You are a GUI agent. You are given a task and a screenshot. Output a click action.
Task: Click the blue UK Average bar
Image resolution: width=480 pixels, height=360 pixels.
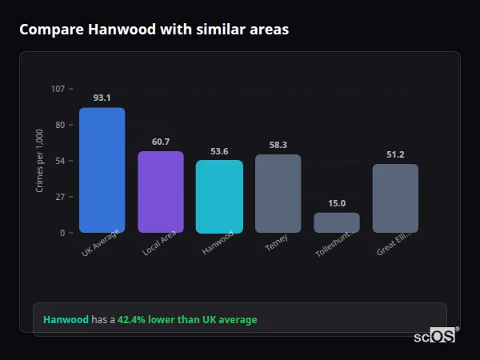102,170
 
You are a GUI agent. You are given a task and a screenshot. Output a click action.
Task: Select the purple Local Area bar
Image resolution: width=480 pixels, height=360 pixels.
161,192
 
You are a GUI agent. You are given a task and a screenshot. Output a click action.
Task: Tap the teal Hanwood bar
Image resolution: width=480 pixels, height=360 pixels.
219,196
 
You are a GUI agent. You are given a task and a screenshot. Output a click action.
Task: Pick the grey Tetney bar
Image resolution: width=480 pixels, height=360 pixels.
278,194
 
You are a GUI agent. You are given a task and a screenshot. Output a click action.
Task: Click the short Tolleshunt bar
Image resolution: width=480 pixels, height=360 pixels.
337,222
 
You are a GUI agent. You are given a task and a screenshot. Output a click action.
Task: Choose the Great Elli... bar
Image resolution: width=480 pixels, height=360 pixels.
395,198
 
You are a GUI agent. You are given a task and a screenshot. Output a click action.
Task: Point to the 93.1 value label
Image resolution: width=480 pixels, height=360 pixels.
102,98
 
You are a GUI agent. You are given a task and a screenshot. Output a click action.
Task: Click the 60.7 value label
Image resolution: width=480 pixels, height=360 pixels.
161,142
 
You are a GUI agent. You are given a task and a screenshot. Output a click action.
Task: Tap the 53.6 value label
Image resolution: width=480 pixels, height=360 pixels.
219,151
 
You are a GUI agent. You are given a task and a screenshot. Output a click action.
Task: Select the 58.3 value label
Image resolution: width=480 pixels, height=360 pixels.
278,145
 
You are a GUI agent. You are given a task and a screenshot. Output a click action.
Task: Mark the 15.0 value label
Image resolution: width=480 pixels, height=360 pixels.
337,203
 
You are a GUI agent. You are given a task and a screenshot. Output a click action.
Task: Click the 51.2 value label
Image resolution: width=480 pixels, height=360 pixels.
395,154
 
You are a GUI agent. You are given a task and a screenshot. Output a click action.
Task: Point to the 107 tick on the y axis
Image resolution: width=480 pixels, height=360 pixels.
58,89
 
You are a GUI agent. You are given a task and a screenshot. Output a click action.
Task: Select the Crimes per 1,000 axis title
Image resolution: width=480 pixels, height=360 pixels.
40,161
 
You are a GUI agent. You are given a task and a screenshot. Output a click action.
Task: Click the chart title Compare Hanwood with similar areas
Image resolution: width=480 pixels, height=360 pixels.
154,30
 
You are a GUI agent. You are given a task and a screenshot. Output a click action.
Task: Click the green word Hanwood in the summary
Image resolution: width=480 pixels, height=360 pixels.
66,320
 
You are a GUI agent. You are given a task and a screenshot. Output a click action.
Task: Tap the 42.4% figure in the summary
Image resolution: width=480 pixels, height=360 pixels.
133,320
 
